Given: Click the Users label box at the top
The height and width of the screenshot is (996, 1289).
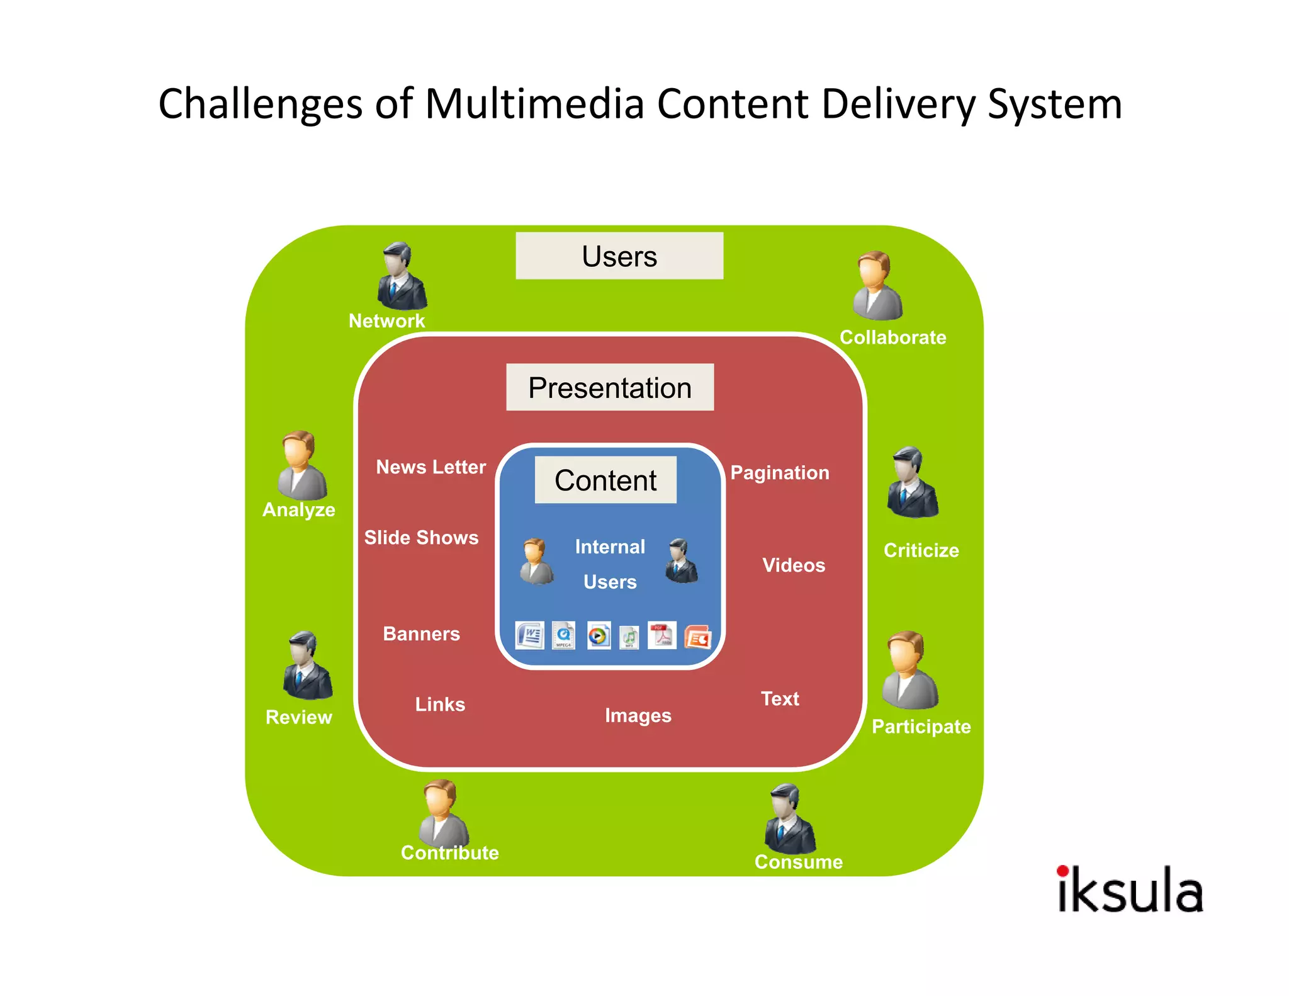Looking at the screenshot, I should point(619,256).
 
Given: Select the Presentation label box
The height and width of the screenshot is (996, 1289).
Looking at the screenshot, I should point(610,387).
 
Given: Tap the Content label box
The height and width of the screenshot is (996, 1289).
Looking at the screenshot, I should point(605,480).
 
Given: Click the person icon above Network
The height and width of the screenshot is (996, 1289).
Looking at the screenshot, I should point(401,276).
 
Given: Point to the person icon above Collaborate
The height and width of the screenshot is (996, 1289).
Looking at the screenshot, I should point(877,286).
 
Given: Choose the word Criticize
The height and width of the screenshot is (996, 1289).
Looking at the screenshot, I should point(921,550).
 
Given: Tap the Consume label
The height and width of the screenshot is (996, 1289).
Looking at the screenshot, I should point(798,861).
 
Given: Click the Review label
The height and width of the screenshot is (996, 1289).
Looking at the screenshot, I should point(299,717).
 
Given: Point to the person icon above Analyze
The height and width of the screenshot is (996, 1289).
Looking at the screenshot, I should point(302,465).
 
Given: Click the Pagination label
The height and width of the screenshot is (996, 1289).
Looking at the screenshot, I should point(780,473).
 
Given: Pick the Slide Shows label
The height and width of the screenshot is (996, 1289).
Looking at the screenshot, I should point(421,538).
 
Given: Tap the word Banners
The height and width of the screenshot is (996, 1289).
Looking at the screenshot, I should point(421,633).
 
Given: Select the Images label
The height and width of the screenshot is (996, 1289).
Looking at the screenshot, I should point(638,715).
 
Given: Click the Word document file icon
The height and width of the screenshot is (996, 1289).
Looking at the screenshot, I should point(529,635).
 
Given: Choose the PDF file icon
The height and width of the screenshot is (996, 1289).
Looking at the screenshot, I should point(661,635).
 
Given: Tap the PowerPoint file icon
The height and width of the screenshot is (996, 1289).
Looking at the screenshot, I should point(697,637).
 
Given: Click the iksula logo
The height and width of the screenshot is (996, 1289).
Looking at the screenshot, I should point(1130,889).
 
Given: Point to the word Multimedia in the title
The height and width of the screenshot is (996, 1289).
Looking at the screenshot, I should point(534,104).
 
